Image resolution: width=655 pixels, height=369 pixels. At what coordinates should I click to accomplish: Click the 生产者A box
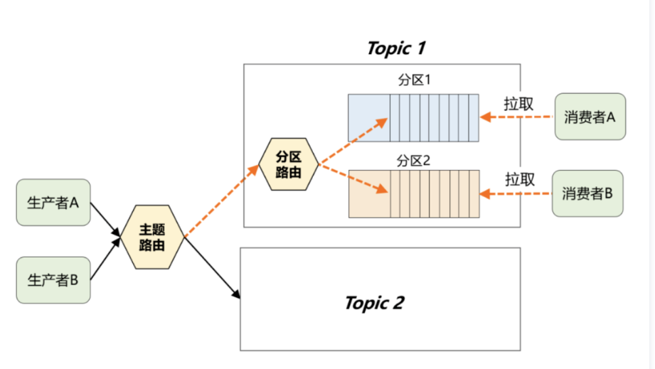click(53, 203)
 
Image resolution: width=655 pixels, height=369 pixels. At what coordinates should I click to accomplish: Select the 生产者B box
click(53, 279)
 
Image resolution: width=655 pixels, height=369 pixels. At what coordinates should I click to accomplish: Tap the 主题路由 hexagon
click(152, 237)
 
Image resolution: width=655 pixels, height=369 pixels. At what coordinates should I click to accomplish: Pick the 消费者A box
click(590, 117)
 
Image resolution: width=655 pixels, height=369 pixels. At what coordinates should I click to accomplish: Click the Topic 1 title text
click(396, 48)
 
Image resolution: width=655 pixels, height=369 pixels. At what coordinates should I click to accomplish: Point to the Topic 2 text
click(374, 303)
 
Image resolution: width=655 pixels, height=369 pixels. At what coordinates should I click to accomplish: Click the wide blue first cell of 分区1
click(369, 117)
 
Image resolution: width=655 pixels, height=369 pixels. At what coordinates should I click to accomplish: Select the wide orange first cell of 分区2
click(369, 193)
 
